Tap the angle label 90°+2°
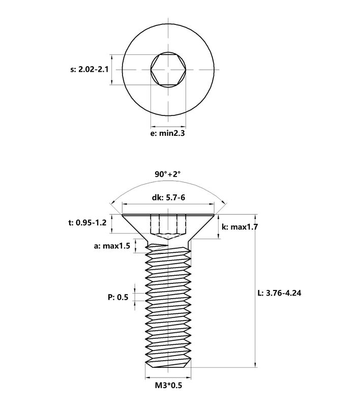(168, 174)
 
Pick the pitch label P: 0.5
(117, 297)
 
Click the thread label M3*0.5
(168, 386)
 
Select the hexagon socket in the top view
(168, 69)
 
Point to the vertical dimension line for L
(255, 290)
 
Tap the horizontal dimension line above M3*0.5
(168, 378)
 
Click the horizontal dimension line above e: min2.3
(168, 127)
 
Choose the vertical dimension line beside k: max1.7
(219, 226)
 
